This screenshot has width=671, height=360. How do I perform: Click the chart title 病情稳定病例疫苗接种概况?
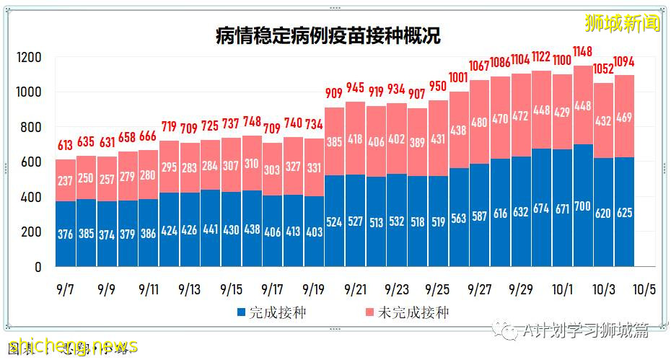(328, 35)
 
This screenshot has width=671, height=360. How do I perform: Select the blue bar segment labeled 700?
(583, 206)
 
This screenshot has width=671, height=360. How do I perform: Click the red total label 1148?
(583, 51)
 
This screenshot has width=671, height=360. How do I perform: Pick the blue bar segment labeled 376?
(66, 234)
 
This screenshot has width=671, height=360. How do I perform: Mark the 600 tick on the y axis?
(34, 162)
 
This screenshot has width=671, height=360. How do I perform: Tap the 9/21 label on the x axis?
(356, 289)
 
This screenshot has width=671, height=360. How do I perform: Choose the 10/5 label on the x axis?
(644, 289)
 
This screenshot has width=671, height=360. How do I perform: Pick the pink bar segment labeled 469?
(625, 116)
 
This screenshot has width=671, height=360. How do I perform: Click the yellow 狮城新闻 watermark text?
(623, 23)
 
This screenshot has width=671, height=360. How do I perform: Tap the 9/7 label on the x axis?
(66, 289)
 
